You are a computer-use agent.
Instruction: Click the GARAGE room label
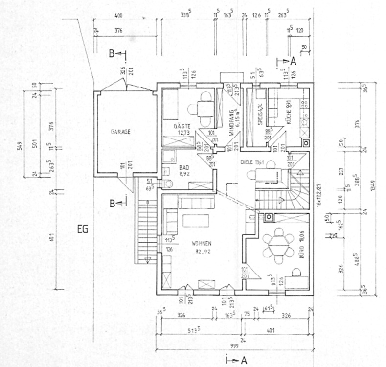[x=120, y=132]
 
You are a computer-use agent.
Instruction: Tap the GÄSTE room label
[x=182, y=127]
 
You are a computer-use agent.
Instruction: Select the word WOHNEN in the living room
[x=201, y=243]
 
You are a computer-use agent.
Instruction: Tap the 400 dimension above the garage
[x=118, y=16]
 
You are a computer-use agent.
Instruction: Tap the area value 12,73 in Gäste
[x=182, y=133]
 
